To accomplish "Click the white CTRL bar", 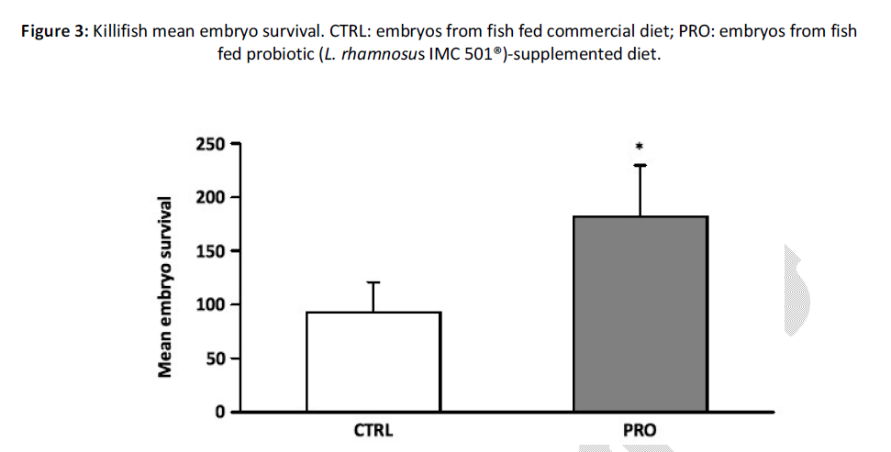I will point(373,361).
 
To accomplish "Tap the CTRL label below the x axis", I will point(373,429).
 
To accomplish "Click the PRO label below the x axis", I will point(640,429).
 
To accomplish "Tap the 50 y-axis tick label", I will point(217,358).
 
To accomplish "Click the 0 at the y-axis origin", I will point(221,412).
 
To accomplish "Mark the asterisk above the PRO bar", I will point(640,146).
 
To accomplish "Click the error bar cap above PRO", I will point(640,165).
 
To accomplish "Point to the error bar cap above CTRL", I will point(373,282).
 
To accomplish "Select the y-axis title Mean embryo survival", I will point(166,286).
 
